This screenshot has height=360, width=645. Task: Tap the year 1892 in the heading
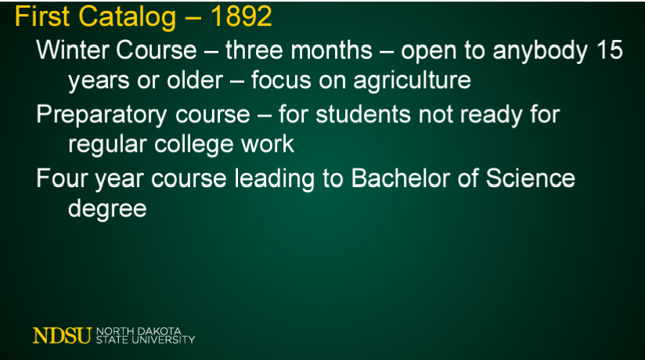click(x=241, y=16)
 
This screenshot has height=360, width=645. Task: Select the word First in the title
click(x=42, y=16)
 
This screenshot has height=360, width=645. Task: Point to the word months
click(x=332, y=51)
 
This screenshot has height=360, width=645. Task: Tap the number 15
click(x=610, y=50)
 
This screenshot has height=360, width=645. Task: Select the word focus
click(x=281, y=80)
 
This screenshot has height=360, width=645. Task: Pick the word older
click(x=195, y=80)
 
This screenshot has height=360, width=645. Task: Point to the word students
click(x=363, y=114)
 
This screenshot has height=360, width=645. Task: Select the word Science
click(x=530, y=178)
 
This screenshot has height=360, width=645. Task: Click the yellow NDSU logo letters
click(x=62, y=335)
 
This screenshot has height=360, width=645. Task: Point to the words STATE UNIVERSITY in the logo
click(x=146, y=340)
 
